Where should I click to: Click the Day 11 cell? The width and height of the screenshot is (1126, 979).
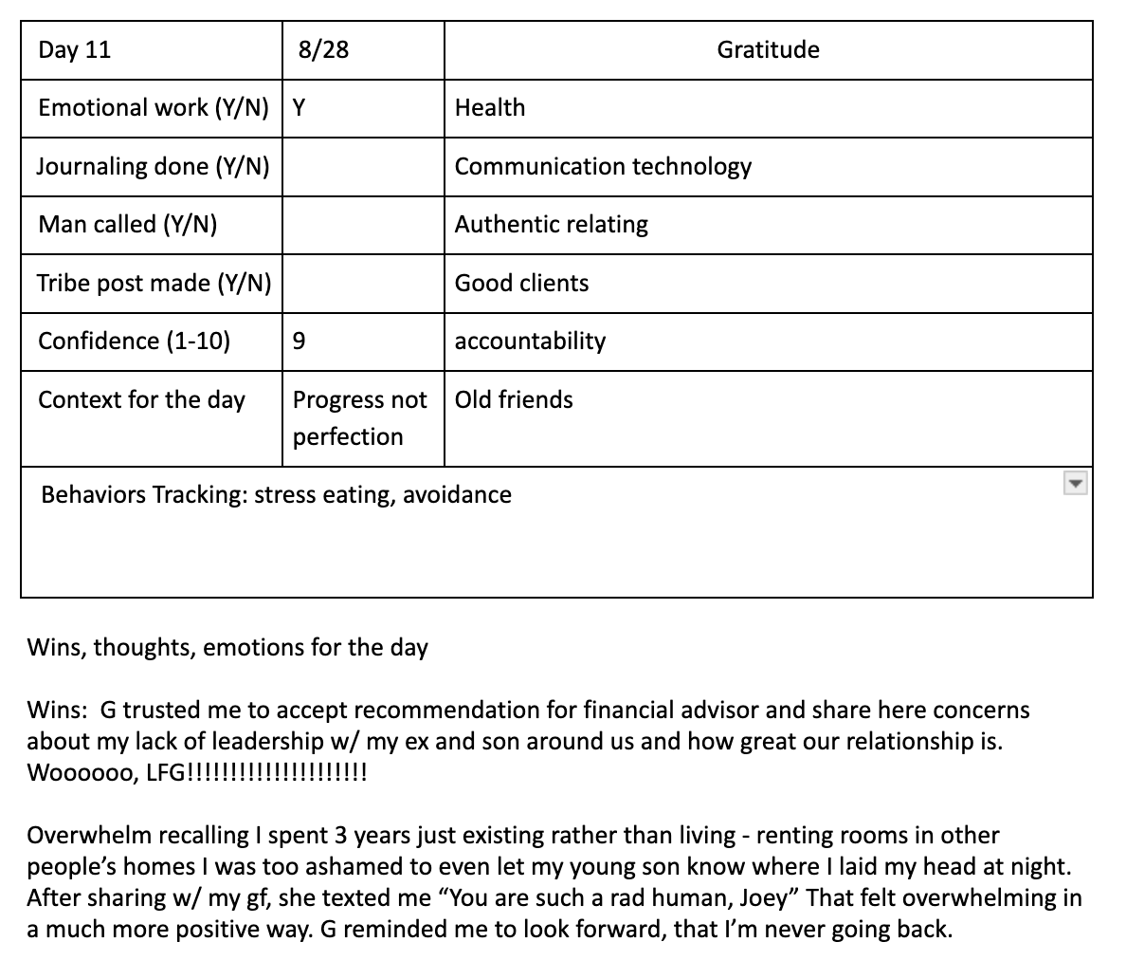75,50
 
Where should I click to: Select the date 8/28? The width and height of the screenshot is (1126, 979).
323,50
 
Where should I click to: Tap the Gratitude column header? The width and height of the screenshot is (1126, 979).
768,50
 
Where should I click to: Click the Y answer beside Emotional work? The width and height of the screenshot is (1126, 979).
300,108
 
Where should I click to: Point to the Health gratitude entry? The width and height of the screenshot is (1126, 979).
490,108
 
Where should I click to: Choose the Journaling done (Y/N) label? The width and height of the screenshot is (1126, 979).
153,167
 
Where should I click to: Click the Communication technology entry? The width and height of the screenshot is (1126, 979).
603,167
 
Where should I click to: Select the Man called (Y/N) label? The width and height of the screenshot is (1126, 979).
127,225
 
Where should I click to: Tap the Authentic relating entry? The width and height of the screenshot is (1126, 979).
552,225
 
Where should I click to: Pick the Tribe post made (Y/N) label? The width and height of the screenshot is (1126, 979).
154,284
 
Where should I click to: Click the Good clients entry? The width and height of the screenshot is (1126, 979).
521,284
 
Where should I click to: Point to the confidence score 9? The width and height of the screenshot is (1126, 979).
300,342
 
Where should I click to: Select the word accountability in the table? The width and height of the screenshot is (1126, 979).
530,342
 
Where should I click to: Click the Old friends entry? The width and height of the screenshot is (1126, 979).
514,399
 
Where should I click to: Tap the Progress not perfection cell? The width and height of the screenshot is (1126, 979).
359,418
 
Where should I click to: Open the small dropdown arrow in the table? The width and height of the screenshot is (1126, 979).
1074,485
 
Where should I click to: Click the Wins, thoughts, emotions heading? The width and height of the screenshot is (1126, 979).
227,648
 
